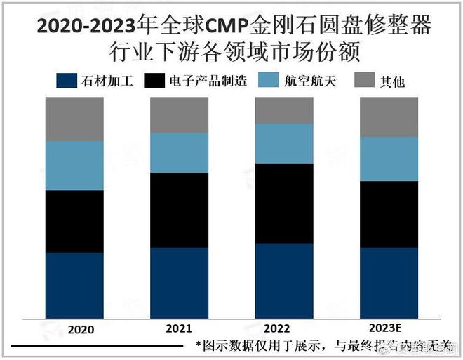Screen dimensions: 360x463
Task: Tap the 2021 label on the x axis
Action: point(179,328)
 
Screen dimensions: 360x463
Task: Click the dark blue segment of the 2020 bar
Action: point(74,284)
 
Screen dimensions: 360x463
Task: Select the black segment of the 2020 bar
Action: point(74,221)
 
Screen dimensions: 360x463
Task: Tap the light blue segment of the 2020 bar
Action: point(74,166)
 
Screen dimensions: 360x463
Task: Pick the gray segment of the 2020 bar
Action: point(74,119)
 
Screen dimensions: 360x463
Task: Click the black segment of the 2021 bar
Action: point(179,210)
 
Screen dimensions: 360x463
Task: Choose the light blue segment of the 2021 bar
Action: point(179,152)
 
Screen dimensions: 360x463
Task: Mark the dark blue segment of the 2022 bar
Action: point(284,279)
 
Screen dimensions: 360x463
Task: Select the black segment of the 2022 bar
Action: point(284,204)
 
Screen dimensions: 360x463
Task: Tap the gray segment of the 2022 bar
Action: point(284,110)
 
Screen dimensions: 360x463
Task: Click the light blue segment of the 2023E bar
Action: point(389,159)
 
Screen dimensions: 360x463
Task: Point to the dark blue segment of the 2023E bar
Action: point(389,281)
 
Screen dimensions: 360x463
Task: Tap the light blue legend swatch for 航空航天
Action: point(269,80)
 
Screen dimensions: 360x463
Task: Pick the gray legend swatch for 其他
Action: point(364,80)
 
